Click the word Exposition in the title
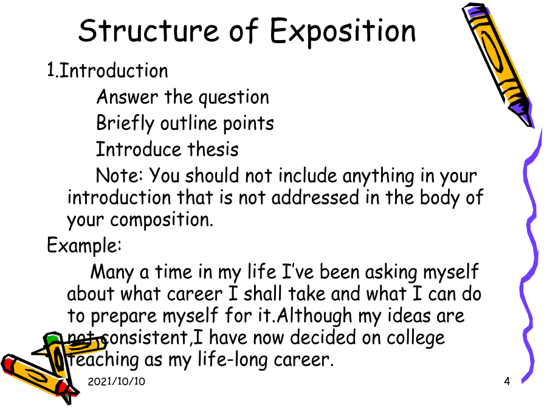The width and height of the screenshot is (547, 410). tap(343, 32)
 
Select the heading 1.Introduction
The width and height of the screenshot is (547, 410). tap(108, 70)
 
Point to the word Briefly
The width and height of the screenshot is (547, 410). tap(125, 123)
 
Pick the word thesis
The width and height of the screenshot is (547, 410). tap(213, 149)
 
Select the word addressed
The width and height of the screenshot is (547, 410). tap(315, 197)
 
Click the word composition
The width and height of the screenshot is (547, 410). tap(162, 220)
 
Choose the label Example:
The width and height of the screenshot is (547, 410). tap(84, 245)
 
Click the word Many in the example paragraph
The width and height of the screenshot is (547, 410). tap(112, 273)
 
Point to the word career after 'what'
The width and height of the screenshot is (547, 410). tap(194, 294)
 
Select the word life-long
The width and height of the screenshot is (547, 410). tap(232, 360)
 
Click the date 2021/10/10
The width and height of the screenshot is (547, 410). tap(117, 381)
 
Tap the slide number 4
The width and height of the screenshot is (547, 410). tap(507, 381)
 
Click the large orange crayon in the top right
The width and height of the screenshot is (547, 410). tap(498, 64)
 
